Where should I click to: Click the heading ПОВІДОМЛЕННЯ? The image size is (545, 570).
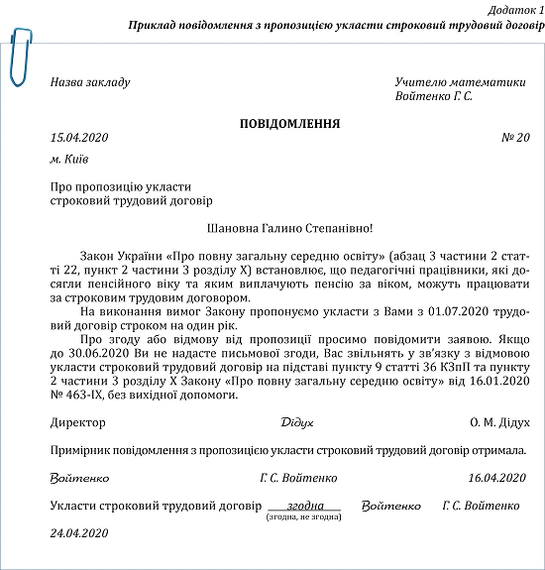(289, 124)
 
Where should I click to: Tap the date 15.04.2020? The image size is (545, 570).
(78, 139)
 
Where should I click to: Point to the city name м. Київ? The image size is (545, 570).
(69, 159)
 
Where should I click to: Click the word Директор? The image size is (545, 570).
(77, 422)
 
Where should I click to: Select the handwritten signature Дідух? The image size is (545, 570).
(298, 423)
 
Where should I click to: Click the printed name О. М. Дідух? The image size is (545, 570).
(498, 422)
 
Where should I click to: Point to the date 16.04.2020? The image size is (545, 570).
(497, 478)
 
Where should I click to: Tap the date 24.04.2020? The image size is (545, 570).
(78, 532)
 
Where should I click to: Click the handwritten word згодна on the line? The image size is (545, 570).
(303, 505)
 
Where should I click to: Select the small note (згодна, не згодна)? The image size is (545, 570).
(303, 517)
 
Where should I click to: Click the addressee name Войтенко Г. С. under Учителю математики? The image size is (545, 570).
(433, 96)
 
